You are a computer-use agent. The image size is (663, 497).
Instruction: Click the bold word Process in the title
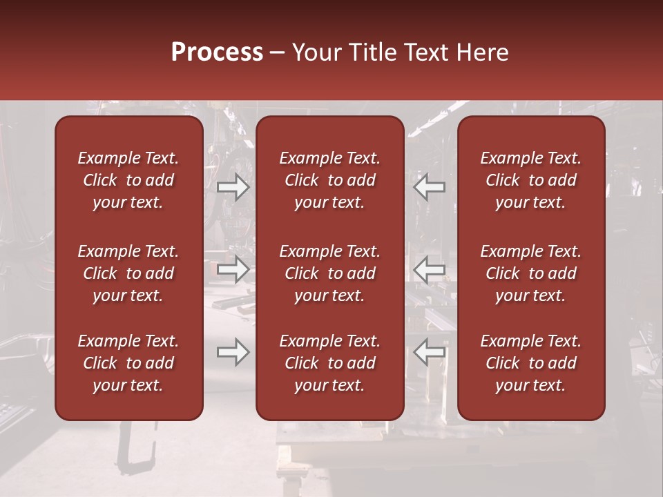217,52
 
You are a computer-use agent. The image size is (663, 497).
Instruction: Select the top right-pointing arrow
233,187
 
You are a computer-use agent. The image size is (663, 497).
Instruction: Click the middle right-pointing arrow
233,270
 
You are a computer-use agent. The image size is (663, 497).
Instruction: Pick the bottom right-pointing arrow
233,353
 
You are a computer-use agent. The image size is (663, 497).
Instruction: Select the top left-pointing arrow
429,187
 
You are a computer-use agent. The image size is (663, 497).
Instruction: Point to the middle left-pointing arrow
429,270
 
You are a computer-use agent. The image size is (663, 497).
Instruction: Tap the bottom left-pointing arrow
429,353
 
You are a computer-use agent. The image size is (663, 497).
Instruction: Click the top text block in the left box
128,180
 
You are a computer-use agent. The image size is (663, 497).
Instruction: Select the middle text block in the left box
128,273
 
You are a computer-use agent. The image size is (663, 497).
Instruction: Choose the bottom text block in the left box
128,363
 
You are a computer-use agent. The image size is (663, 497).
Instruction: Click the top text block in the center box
329,180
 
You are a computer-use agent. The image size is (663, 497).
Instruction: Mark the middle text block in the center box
329,273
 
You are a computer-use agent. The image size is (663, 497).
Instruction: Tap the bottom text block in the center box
329,363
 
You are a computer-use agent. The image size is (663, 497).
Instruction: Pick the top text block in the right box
530,180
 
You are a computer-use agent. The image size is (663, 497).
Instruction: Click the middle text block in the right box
530,273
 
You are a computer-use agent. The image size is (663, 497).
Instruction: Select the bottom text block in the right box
530,363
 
